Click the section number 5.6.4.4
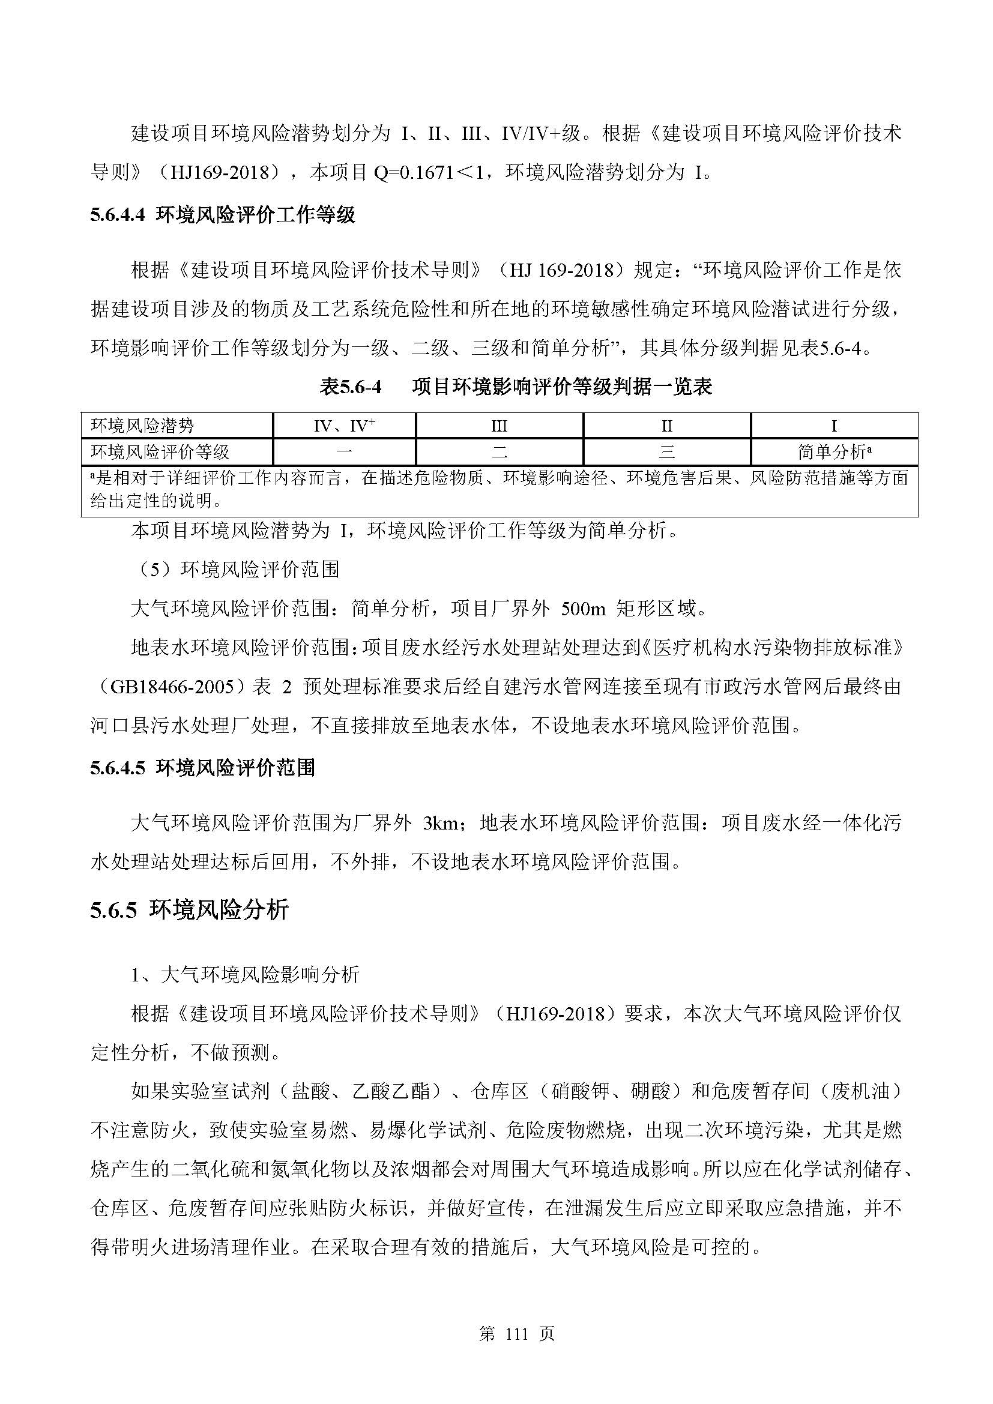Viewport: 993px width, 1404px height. point(118,215)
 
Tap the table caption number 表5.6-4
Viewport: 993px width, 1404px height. point(351,387)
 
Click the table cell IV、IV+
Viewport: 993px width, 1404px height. point(344,426)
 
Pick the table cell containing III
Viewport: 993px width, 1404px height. point(499,426)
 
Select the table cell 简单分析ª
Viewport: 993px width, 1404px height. point(834,452)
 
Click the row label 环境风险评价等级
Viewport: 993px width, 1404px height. point(160,452)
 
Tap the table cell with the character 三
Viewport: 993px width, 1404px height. point(666,452)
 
